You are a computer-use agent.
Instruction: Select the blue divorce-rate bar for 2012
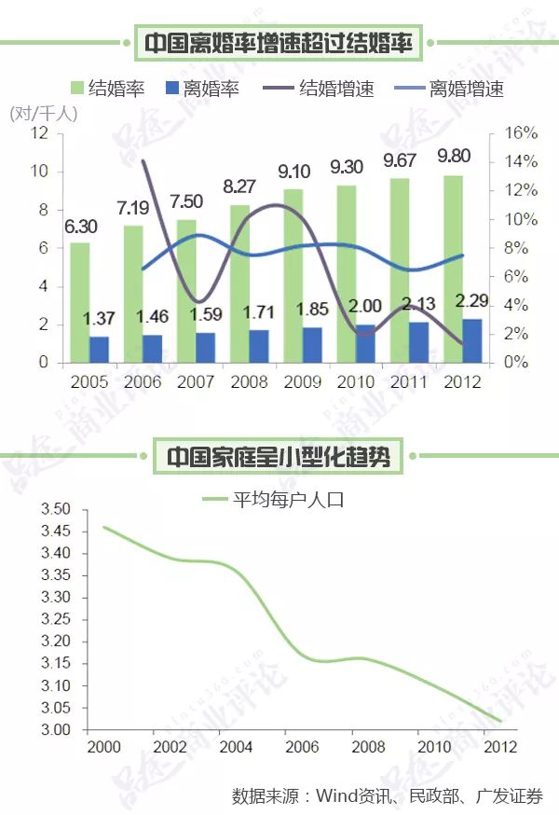coord(472,341)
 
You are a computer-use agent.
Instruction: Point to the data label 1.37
coord(99,320)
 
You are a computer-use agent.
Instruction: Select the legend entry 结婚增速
coord(335,90)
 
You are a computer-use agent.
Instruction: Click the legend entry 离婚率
coord(211,90)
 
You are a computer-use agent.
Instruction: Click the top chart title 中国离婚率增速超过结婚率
coord(279,42)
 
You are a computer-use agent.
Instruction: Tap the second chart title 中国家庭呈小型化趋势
coord(279,458)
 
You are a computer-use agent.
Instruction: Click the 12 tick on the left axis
coord(39,132)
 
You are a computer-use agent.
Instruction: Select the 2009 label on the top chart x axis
coord(302,381)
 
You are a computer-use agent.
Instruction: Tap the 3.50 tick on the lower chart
coord(56,509)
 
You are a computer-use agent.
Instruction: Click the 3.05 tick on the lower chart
coord(56,708)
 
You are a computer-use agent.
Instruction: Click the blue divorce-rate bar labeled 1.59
coord(205,348)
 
